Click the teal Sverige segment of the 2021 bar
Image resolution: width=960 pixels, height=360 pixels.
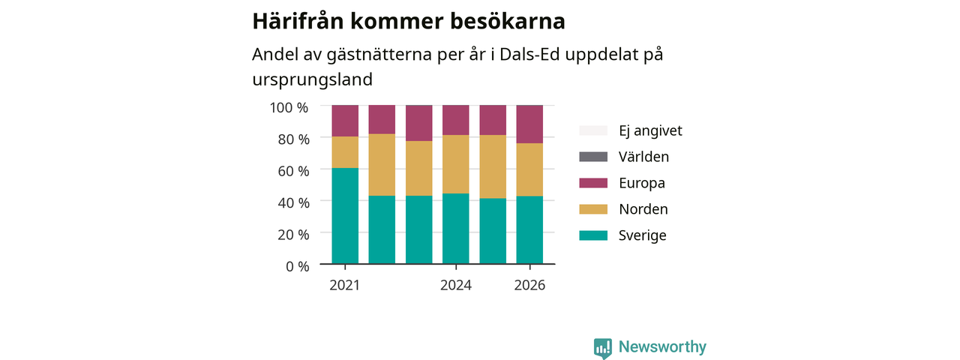coord(345,215)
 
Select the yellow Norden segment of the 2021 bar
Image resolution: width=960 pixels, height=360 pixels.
coord(345,152)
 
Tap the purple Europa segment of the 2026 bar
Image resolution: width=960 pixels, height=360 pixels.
coord(529,124)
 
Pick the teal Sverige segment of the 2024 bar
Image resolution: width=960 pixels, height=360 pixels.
coord(455,229)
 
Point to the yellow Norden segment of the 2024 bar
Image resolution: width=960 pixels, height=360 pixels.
coord(455,164)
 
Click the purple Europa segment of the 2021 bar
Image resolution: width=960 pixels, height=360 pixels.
coord(345,121)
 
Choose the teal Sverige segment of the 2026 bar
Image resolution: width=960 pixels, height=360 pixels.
coord(529,229)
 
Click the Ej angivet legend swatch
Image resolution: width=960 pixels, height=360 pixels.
coord(593,130)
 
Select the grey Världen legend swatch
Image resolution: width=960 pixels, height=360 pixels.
coord(593,157)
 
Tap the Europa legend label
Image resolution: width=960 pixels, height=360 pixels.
coord(641,183)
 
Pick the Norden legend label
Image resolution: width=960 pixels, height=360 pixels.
coord(643,209)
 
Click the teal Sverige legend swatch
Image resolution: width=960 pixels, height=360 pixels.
coord(593,235)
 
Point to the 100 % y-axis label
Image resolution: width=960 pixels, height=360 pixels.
coord(289,107)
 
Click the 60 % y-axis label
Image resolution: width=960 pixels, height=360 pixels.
coord(293,171)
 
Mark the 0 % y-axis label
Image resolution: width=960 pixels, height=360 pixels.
coord(298,266)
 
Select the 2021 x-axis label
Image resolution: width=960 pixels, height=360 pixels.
coord(344,286)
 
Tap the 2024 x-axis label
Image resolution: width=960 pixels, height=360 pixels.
coord(455,286)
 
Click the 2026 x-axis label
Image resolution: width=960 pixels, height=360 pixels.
coord(529,286)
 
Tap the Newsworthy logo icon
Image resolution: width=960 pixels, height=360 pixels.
coord(602,348)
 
